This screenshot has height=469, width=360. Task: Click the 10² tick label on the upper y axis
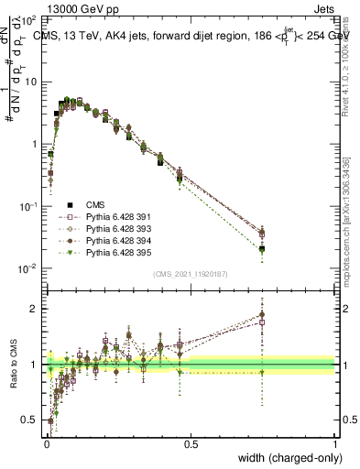tap(29, 19)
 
